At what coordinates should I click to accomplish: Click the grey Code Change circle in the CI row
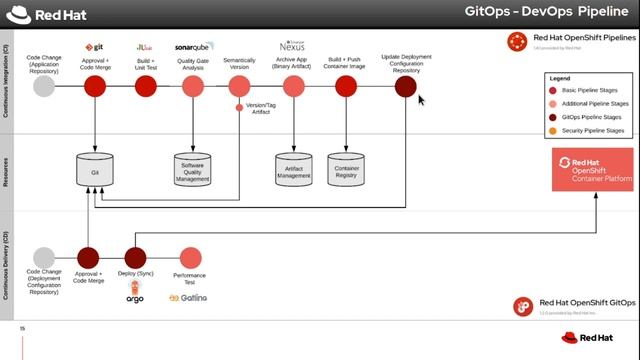pyautogui.click(x=44, y=87)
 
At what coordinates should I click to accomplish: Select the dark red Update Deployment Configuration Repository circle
pyautogui.click(x=405, y=87)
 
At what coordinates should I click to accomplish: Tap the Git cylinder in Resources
pyautogui.click(x=95, y=170)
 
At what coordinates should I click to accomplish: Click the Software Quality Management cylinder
pyautogui.click(x=192, y=171)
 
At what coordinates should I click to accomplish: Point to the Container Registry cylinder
pyautogui.click(x=345, y=171)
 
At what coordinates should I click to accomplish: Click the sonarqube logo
pyautogui.click(x=192, y=46)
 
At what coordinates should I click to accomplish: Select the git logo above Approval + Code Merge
pyautogui.click(x=96, y=47)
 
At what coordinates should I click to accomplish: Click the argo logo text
pyautogui.click(x=135, y=298)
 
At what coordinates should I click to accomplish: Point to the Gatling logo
pyautogui.click(x=188, y=298)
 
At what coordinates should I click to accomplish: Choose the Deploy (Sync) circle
pyautogui.click(x=135, y=258)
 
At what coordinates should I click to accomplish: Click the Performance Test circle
pyautogui.click(x=190, y=258)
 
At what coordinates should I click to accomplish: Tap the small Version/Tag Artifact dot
pyautogui.click(x=239, y=107)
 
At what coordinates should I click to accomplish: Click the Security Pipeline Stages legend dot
pyautogui.click(x=553, y=130)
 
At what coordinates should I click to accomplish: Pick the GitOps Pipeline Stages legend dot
pyautogui.click(x=553, y=117)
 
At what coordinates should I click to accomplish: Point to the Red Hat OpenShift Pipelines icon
pyautogui.click(x=518, y=41)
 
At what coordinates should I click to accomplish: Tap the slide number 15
pyautogui.click(x=22, y=328)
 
